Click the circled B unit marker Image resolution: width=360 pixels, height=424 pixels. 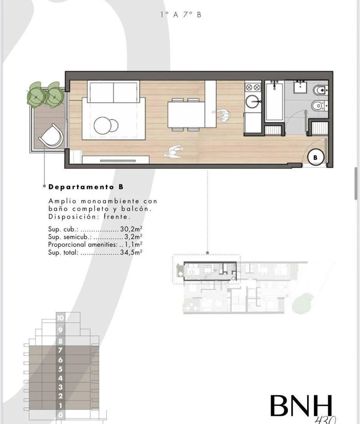pyautogui.click(x=316, y=157)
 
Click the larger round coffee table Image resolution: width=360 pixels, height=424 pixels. pyautogui.click(x=103, y=125)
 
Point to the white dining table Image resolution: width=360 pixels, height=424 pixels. pyautogui.click(x=186, y=115)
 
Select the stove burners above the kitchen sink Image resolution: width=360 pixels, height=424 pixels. pyautogui.click(x=253, y=87)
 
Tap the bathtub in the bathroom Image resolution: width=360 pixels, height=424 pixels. pyautogui.click(x=274, y=101)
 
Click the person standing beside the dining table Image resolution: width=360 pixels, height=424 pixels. pyautogui.click(x=222, y=115)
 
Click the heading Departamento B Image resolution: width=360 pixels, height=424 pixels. pyautogui.click(x=86, y=187)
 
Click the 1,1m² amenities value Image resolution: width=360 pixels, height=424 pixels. pyautogui.click(x=133, y=245)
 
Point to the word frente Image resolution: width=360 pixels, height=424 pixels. pyautogui.click(x=117, y=217)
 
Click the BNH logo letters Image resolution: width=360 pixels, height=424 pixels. pyautogui.click(x=301, y=406)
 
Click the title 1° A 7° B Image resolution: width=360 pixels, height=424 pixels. pyautogui.click(x=180, y=15)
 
